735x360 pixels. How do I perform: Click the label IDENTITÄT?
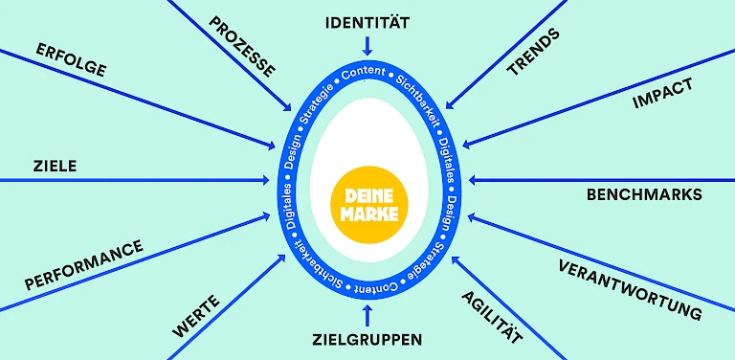point(367,21)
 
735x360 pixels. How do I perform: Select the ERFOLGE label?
point(71,59)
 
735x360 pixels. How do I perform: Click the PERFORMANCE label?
point(83,265)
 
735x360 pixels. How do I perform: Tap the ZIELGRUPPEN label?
point(367,339)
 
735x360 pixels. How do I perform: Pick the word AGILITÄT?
point(492,317)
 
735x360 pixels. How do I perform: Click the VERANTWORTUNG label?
point(631,288)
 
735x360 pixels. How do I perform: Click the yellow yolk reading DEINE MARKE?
point(368,202)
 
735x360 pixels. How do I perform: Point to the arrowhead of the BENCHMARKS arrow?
point(471,180)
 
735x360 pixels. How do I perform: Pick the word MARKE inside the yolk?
point(369,213)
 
